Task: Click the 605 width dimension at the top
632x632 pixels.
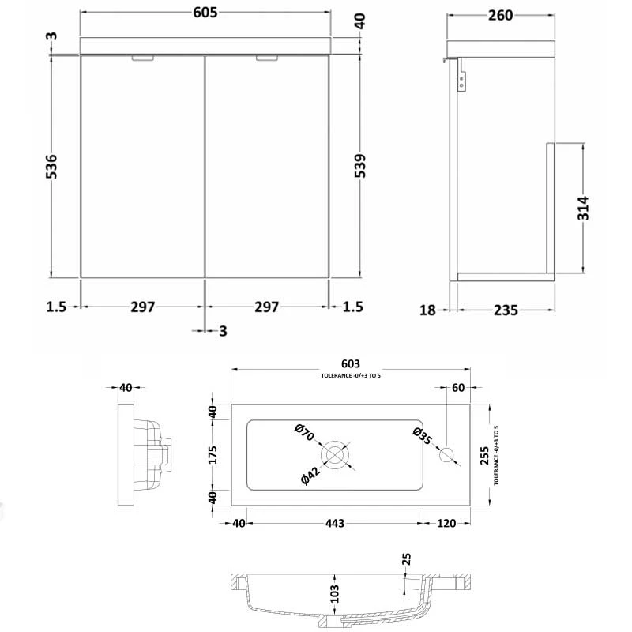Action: (x=204, y=13)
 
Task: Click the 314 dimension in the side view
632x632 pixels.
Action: (x=584, y=207)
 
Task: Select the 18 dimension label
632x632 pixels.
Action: (x=427, y=310)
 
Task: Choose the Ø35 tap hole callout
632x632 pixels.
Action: (x=422, y=436)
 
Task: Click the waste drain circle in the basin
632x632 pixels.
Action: (x=335, y=455)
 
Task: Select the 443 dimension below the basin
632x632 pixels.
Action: (x=334, y=523)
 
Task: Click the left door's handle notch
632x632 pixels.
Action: (x=143, y=58)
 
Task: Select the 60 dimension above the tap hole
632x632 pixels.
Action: (x=457, y=387)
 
